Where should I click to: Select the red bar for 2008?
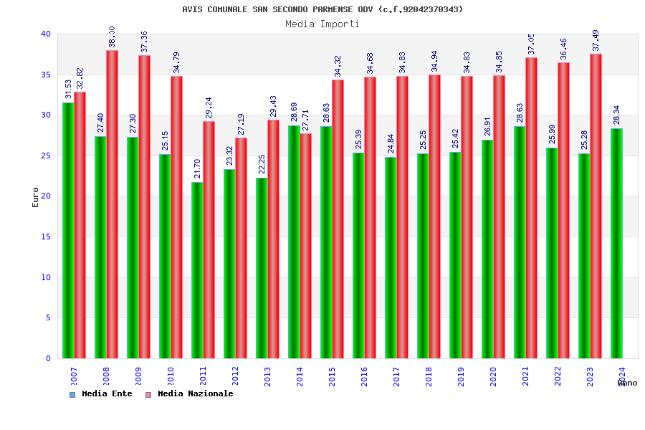(x=112, y=204)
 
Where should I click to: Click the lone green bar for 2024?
(x=616, y=244)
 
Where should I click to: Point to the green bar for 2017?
(x=391, y=257)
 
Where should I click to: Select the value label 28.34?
(x=617, y=115)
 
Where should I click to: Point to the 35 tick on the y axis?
(x=46, y=75)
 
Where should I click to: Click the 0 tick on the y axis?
(x=49, y=358)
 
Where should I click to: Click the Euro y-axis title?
(x=36, y=197)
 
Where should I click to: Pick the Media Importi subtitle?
(x=322, y=24)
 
